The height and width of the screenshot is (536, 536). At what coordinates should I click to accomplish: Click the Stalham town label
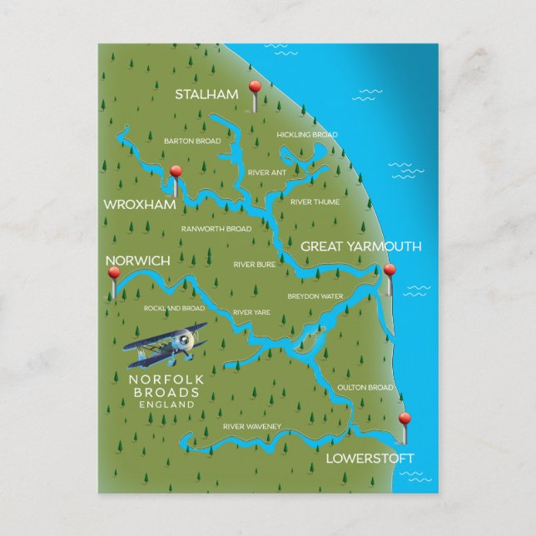tap(206, 95)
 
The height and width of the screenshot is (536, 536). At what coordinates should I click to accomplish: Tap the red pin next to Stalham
tap(256, 88)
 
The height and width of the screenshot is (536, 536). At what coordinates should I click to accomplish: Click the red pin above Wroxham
tap(175, 172)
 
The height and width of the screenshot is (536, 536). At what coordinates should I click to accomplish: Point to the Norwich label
tap(138, 261)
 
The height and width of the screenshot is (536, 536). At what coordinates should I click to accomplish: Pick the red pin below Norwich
tap(114, 273)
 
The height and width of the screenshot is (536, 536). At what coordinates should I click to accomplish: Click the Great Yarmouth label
tap(360, 246)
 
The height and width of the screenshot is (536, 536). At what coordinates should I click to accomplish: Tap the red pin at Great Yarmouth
tap(389, 270)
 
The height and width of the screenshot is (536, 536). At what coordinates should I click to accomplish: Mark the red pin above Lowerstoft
tap(404, 419)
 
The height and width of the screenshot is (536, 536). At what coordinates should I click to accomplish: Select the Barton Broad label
tap(192, 141)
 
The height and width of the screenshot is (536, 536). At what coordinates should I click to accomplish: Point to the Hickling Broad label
tap(307, 135)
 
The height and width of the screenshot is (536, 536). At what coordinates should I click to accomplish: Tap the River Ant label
tap(266, 172)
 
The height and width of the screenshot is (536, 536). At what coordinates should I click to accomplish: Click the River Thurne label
tap(315, 201)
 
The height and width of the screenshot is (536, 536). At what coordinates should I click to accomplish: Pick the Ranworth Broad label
tap(216, 229)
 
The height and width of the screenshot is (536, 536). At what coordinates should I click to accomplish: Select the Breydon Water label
tap(315, 296)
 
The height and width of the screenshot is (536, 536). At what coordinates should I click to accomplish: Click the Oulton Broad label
tap(365, 388)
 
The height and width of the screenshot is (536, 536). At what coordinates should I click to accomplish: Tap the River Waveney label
tap(252, 427)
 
